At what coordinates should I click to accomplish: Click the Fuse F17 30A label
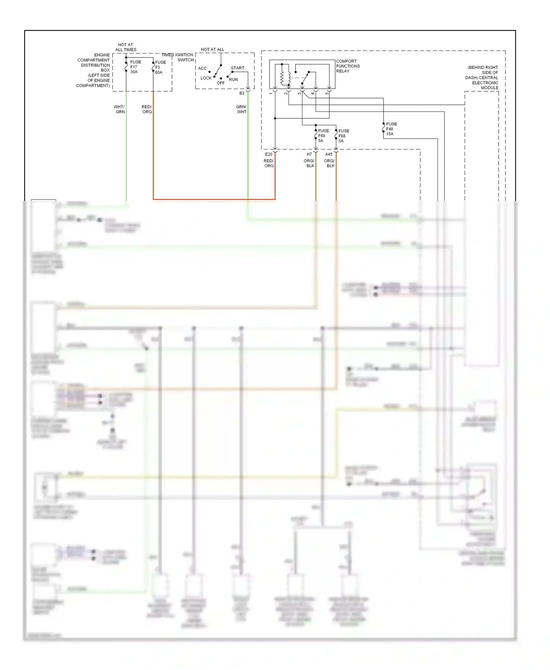(x=135, y=67)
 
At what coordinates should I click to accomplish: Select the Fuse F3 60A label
(x=160, y=67)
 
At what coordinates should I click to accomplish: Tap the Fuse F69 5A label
(x=323, y=136)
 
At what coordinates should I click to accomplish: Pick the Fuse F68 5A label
(x=343, y=136)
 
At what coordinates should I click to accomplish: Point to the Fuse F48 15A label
(x=391, y=129)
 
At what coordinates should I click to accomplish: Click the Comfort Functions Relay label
(x=348, y=66)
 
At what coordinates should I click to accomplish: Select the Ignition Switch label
(x=185, y=58)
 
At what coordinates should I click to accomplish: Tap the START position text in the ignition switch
(x=237, y=68)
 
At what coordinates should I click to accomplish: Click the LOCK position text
(x=206, y=78)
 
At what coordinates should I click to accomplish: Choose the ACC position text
(x=202, y=69)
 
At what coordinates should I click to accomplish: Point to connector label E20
(x=268, y=154)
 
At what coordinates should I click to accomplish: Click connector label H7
(x=309, y=154)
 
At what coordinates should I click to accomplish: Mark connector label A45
(x=329, y=154)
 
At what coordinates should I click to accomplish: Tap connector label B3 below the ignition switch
(x=242, y=93)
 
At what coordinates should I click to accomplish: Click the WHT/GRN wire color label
(x=120, y=109)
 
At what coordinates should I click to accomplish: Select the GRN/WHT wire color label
(x=241, y=109)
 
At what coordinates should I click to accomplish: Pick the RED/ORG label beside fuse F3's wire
(x=147, y=109)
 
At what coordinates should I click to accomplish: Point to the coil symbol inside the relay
(x=282, y=77)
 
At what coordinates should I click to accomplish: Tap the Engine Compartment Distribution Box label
(x=93, y=70)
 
